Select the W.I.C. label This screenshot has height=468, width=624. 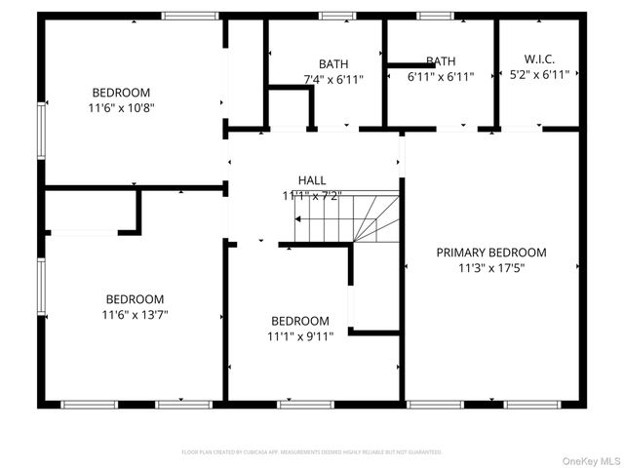tap(538, 58)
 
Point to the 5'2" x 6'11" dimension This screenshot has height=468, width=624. tap(538, 74)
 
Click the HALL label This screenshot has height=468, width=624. tap(312, 180)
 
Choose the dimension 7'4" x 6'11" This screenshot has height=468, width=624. tap(332, 80)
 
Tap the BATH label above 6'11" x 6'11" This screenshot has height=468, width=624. tap(440, 60)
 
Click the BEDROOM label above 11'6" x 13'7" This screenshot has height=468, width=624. tap(135, 298)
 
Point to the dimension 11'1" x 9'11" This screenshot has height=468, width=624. tap(300, 336)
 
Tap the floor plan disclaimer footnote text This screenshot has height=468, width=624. tap(312, 452)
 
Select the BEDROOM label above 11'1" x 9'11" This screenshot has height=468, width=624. tap(300, 321)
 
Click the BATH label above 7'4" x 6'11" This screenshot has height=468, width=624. tap(332, 64)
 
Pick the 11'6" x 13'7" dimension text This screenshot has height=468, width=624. tap(135, 314)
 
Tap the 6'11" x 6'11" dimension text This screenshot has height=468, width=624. tap(440, 76)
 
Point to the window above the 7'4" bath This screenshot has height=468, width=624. tap(337, 16)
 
